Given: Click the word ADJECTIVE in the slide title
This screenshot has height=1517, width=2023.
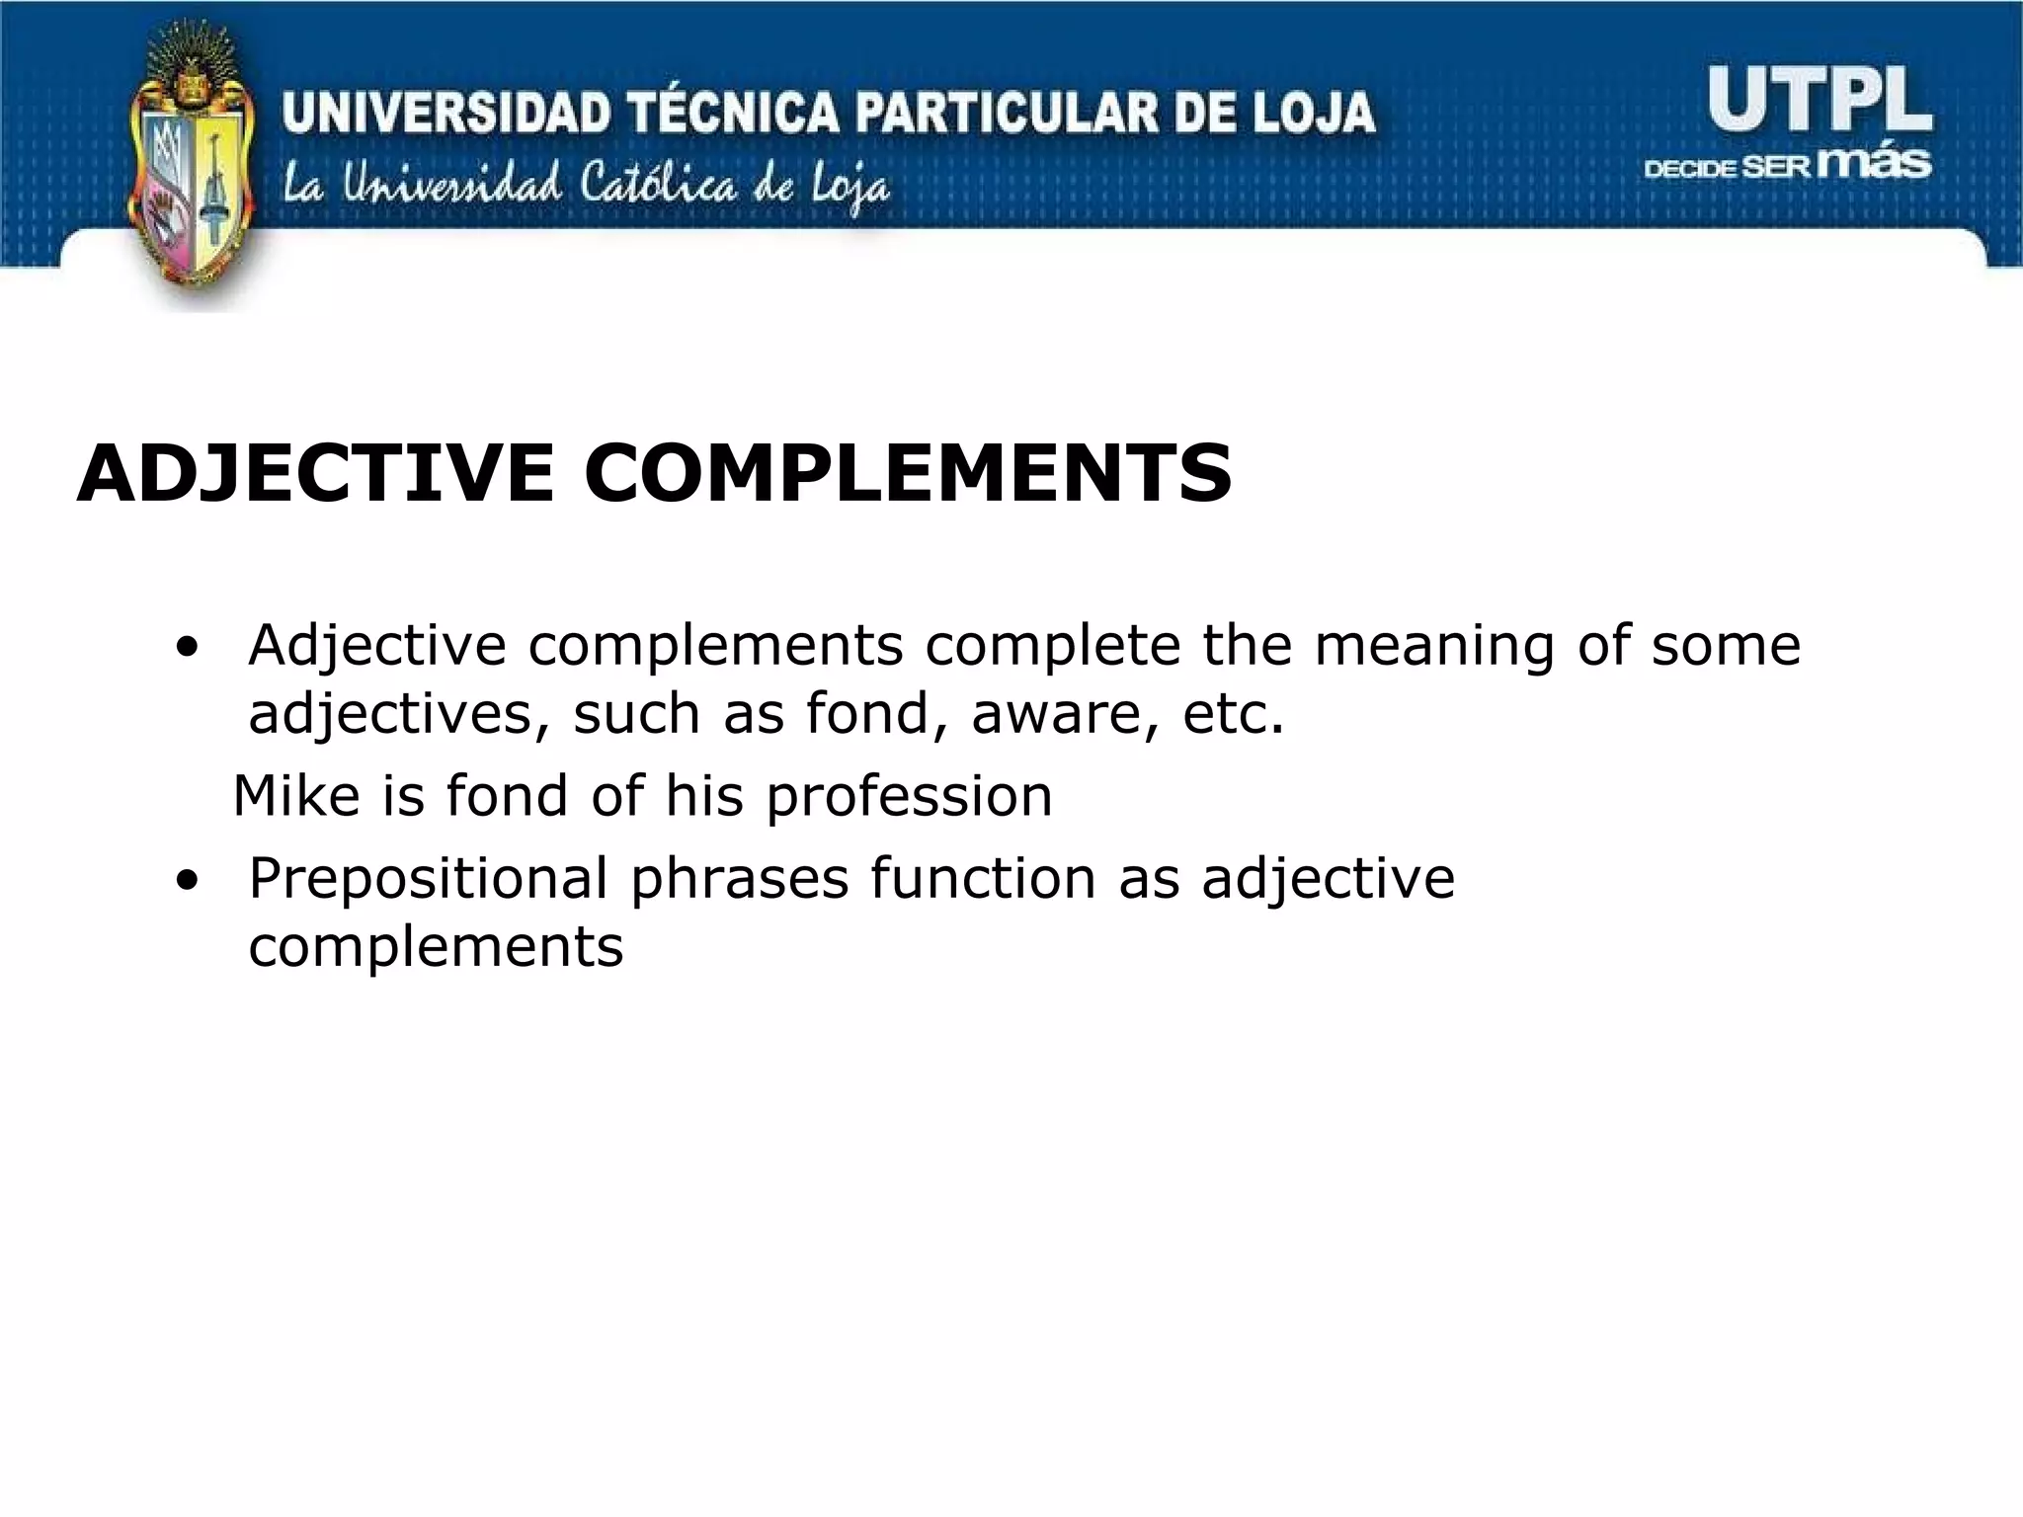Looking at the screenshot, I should point(315,473).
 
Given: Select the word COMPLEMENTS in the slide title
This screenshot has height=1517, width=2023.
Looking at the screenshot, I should point(908,473).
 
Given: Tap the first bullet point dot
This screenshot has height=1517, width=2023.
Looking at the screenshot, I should point(185,650).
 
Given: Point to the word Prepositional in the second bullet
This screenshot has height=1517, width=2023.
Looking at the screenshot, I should point(428,879).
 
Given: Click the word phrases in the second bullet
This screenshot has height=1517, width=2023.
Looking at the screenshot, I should point(739,879).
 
